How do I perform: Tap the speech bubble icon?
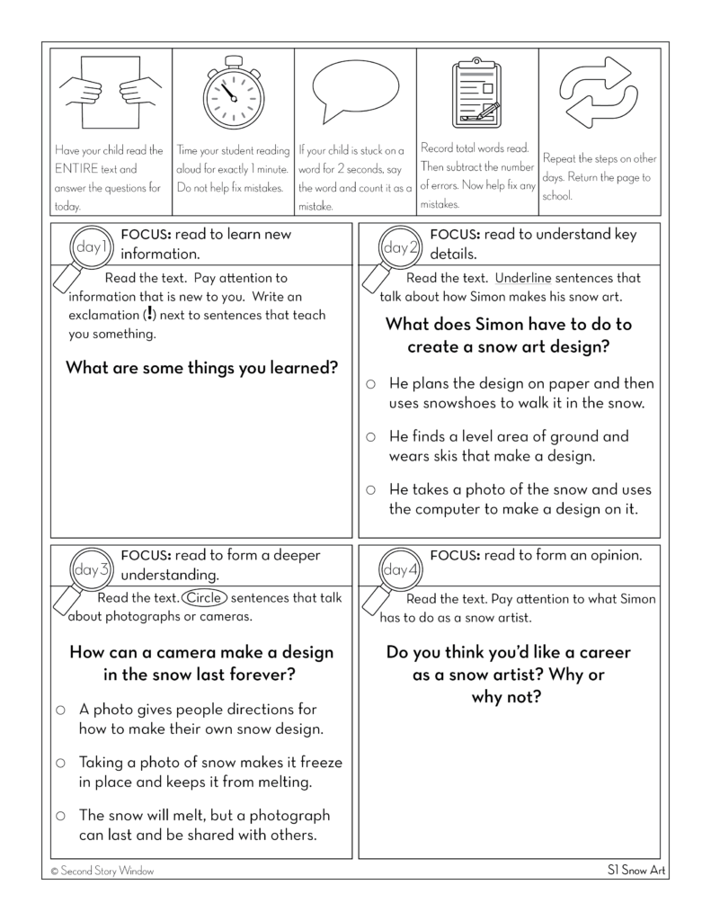coord(355,91)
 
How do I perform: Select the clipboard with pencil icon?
coord(476,93)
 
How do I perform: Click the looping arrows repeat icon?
coord(598,92)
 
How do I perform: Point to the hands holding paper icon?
coord(111,93)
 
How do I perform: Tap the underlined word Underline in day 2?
coord(525,278)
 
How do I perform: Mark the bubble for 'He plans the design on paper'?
coord(370,384)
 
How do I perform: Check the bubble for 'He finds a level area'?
coord(370,437)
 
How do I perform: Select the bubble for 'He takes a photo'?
coord(370,490)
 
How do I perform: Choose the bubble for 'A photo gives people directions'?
coord(61,710)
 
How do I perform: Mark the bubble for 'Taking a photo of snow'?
coord(61,763)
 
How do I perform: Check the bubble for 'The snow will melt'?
coord(61,816)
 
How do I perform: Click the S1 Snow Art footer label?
coord(636,871)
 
